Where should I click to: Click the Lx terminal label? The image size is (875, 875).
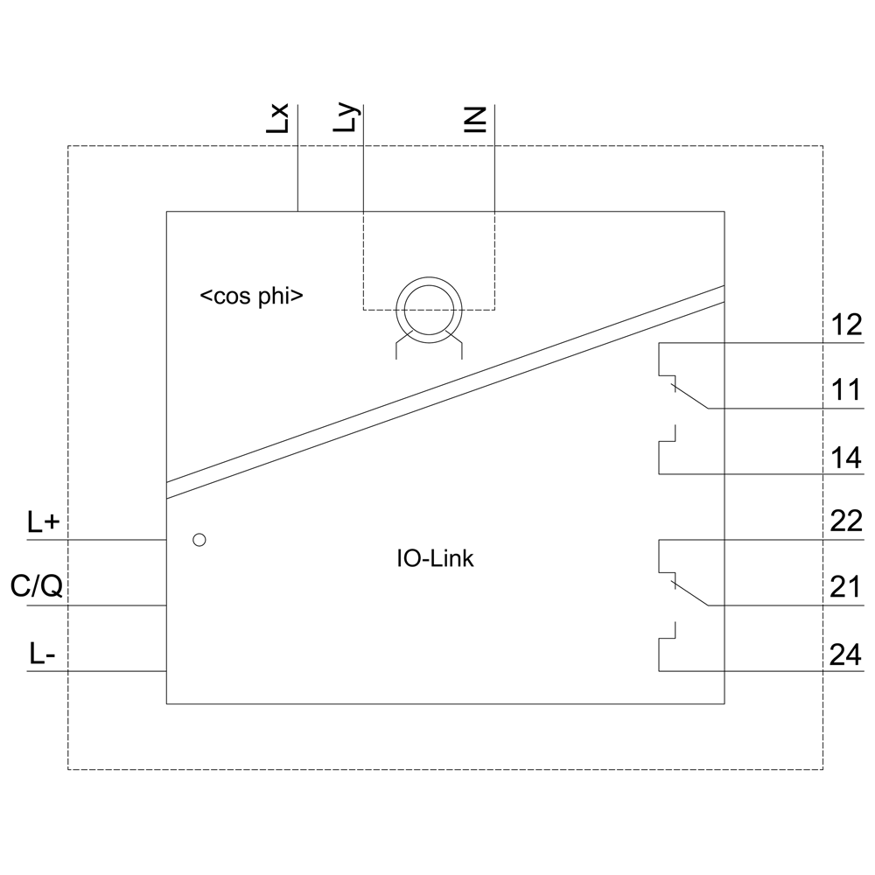pyautogui.click(x=278, y=118)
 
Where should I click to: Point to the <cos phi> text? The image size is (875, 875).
pyautogui.click(x=252, y=297)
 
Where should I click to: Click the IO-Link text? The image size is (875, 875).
pyautogui.click(x=435, y=558)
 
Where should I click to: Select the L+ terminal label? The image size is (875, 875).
pyautogui.click(x=44, y=522)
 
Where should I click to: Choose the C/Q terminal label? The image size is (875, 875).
pyautogui.click(x=36, y=586)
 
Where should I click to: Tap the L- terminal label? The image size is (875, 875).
pyautogui.click(x=42, y=654)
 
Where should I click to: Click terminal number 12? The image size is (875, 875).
pyautogui.click(x=846, y=325)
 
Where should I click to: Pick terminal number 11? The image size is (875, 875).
pyautogui.click(x=846, y=390)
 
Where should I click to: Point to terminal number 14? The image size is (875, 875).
pyautogui.click(x=846, y=458)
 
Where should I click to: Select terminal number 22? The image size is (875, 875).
pyautogui.click(x=846, y=521)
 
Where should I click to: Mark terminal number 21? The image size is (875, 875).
pyautogui.click(x=846, y=588)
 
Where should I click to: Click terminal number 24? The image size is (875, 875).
pyautogui.click(x=846, y=654)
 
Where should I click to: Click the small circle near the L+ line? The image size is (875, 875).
pyautogui.click(x=199, y=540)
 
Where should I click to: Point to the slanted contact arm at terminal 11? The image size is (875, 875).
pyautogui.click(x=689, y=396)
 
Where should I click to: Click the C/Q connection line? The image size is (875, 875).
pyautogui.click(x=96, y=605)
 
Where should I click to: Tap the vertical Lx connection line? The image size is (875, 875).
pyautogui.click(x=298, y=157)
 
